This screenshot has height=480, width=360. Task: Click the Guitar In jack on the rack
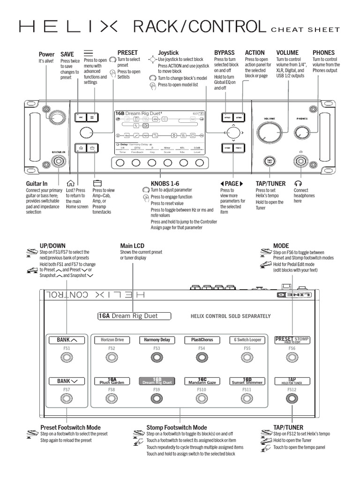tap(59, 162)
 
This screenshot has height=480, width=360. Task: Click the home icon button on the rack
tap(81, 148)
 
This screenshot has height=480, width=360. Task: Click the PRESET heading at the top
tap(127, 53)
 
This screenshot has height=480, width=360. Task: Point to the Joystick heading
tap(168, 53)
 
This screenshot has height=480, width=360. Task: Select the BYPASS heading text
tap(225, 53)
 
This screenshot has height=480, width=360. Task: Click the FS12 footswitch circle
tap(292, 399)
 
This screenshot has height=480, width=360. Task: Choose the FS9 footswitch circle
tap(156, 399)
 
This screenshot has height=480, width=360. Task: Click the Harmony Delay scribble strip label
tap(156, 340)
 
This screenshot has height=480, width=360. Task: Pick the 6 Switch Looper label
tap(247, 340)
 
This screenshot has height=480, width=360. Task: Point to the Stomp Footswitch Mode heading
tap(177, 427)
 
